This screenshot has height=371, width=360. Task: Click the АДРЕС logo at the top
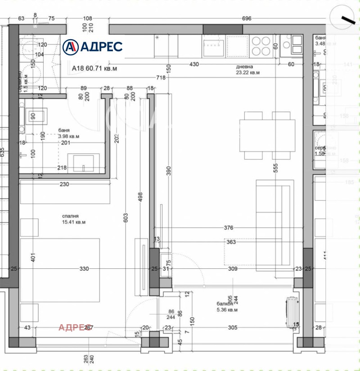tap(92, 46)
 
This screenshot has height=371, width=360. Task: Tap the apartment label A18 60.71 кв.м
tap(94, 69)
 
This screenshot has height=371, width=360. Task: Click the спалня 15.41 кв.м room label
tap(74, 219)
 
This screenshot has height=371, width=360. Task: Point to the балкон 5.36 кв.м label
tap(226, 307)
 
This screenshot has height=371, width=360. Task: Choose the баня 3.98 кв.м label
tap(68, 133)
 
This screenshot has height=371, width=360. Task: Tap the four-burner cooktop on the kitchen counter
tap(261, 45)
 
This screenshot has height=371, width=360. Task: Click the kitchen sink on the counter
tap(214, 45)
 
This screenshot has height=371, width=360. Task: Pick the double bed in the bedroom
tap(59, 270)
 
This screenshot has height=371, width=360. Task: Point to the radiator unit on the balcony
tap(291, 310)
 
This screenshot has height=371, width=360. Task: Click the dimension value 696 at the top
tap(247, 19)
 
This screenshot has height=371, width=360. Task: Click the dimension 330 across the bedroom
tap(84, 269)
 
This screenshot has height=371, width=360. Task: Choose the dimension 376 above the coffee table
tap(229, 228)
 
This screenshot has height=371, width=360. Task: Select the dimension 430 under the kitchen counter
tap(193, 64)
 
